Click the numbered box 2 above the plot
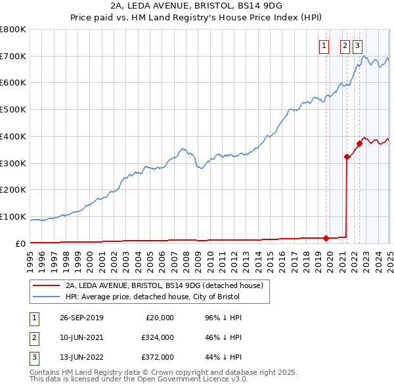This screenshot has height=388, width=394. (x=345, y=45)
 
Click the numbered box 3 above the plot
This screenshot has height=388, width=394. (x=357, y=45)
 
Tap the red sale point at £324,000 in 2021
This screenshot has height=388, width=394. (x=347, y=157)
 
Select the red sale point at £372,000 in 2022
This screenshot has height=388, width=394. (x=359, y=143)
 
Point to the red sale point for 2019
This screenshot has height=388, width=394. (x=326, y=238)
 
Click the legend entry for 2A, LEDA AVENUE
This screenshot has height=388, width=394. (x=164, y=285)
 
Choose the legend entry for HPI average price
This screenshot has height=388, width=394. (x=154, y=297)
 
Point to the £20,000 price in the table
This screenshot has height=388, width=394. (x=159, y=318)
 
